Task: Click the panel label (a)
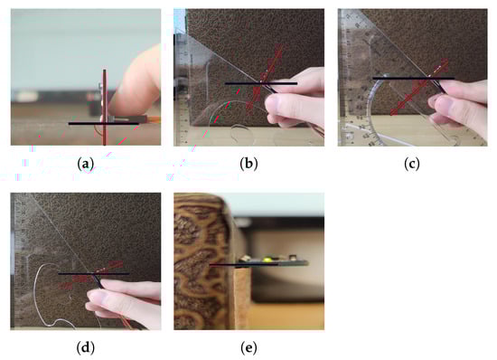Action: (x=86, y=164)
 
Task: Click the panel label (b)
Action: (x=248, y=164)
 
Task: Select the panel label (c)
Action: (x=412, y=164)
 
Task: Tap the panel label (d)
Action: (x=86, y=348)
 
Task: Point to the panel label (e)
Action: (x=248, y=348)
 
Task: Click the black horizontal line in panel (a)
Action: (x=104, y=123)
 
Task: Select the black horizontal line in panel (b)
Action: (x=261, y=83)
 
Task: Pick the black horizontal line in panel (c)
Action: (x=413, y=78)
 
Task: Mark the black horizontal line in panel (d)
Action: (x=93, y=273)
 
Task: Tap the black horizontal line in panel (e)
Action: (x=244, y=264)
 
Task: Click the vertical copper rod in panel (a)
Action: (x=104, y=108)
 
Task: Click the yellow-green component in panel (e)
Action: (x=267, y=260)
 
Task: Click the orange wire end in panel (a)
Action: (x=155, y=119)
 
